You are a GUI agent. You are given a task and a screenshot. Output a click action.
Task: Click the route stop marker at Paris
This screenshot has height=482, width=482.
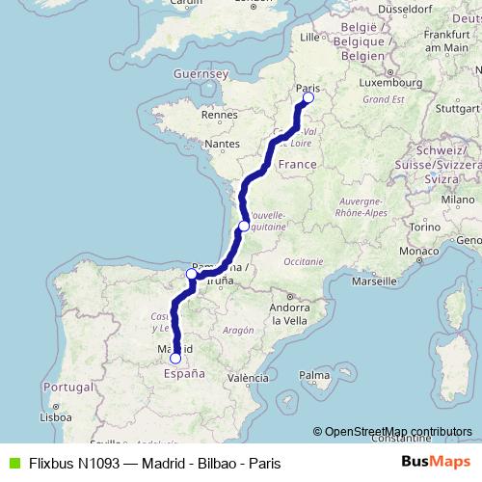click(x=308, y=97)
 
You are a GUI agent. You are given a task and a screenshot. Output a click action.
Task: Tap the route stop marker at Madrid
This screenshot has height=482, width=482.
click(x=174, y=358)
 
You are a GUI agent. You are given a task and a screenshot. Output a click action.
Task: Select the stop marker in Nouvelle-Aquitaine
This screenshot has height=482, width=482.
click(x=244, y=227)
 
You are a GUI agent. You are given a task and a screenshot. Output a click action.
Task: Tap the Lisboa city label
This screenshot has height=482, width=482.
click(x=55, y=417)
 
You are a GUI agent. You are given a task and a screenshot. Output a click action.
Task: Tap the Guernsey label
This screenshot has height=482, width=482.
click(x=200, y=74)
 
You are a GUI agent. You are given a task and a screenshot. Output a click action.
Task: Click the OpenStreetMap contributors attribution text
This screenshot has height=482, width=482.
click(x=395, y=431)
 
